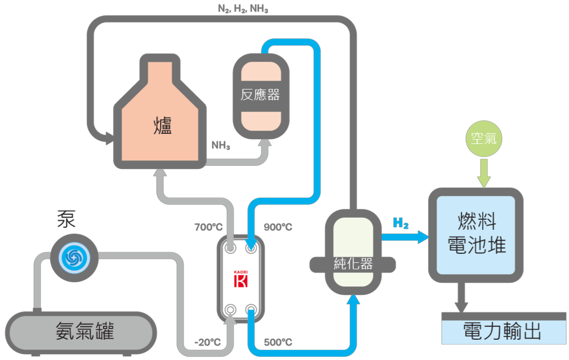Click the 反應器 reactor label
point(260,95)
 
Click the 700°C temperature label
point(209,227)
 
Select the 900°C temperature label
point(278,227)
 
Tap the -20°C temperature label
point(207,342)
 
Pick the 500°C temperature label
point(278,342)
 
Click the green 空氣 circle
point(484,138)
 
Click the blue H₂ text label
point(400,223)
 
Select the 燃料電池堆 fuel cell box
point(476,234)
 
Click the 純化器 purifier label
point(352,263)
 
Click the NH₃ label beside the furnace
point(221,145)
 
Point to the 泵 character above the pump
point(67,219)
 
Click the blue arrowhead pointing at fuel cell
point(423,237)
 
